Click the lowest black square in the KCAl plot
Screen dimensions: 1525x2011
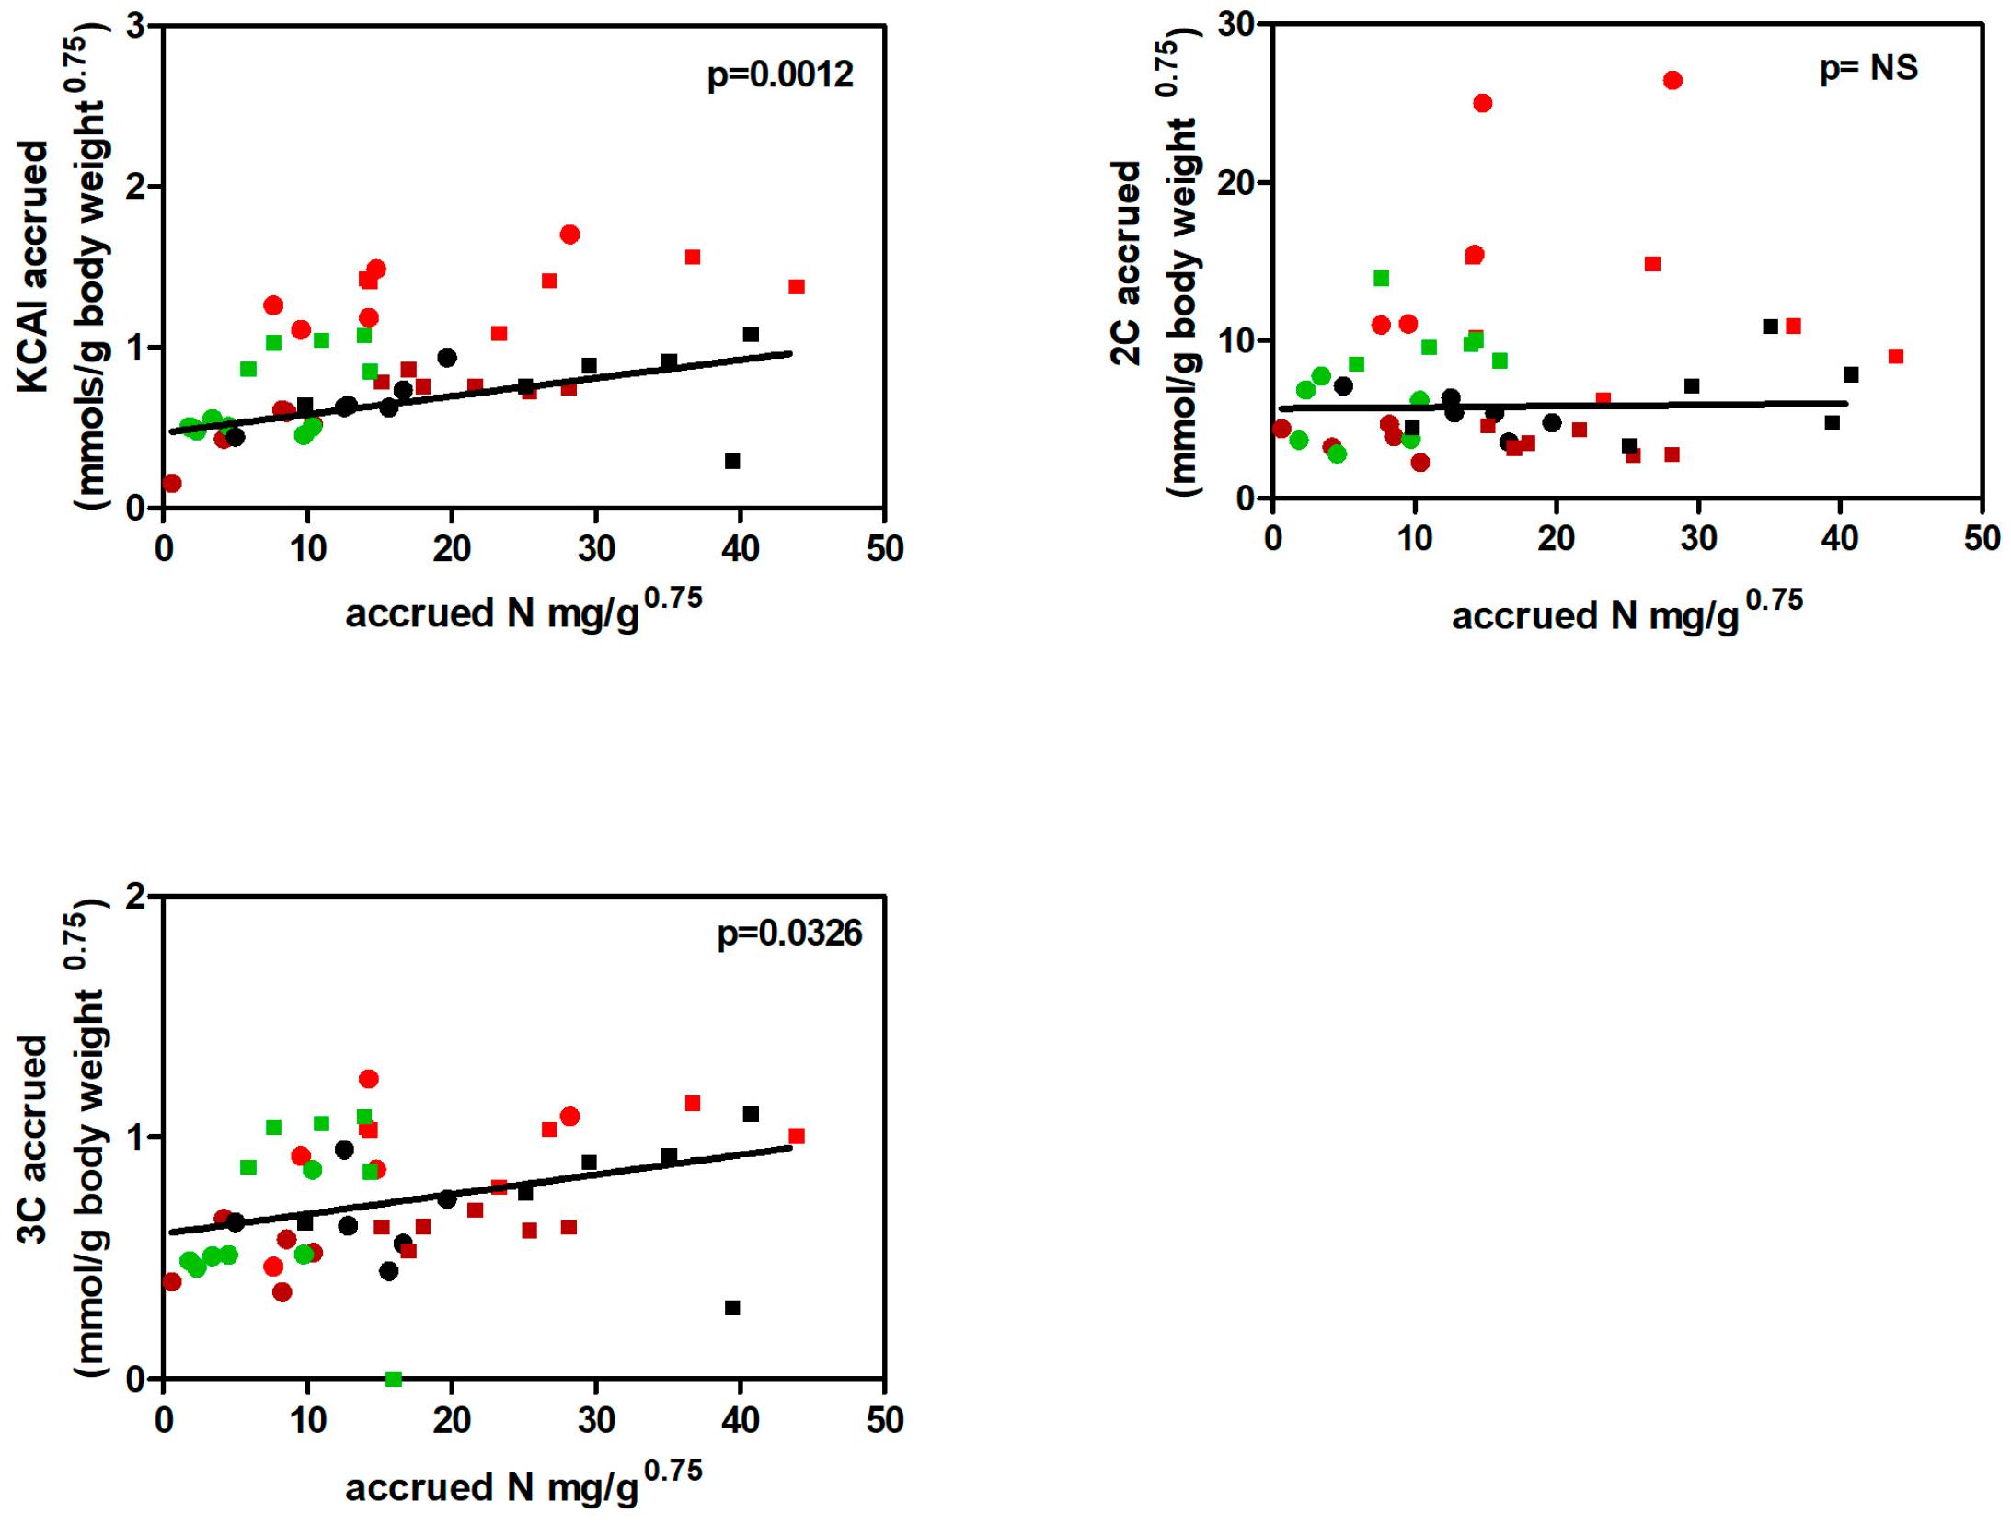point(731,461)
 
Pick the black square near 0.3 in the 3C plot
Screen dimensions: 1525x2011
point(731,1306)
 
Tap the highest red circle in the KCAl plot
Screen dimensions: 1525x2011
point(569,235)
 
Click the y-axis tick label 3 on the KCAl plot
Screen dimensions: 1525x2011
point(136,26)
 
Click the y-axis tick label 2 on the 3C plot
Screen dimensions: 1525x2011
point(136,895)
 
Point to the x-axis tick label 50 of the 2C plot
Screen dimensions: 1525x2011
point(1980,538)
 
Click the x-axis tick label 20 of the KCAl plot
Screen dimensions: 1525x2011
point(451,549)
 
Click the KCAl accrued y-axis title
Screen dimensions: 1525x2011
point(33,267)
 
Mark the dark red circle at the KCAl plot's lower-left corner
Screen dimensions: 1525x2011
point(171,483)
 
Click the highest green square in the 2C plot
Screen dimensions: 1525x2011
point(1380,279)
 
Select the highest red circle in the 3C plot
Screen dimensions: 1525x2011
point(368,1078)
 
